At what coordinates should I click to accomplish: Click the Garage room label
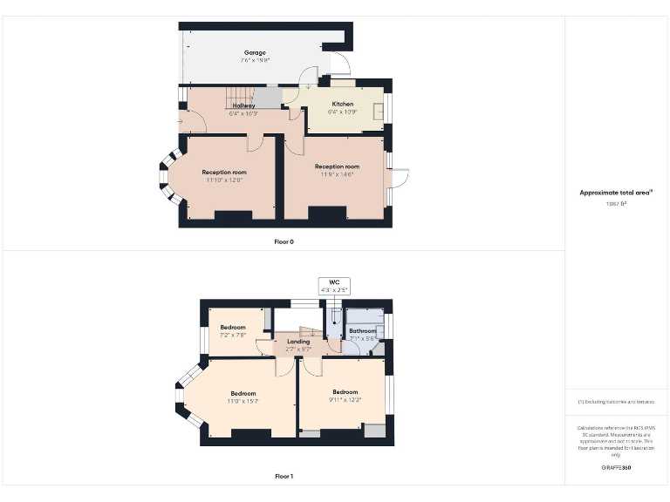point(254,53)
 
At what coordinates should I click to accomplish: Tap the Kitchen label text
point(342,104)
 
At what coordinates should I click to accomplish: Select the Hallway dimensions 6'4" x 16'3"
point(243,114)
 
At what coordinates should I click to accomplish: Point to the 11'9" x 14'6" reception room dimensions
point(337,174)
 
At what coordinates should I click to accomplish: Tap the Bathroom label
point(363,331)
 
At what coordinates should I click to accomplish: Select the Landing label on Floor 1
point(299,341)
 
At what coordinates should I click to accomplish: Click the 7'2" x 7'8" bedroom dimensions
point(233,335)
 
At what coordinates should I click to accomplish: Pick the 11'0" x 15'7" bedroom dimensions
point(243,400)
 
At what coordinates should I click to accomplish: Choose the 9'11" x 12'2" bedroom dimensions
point(345,399)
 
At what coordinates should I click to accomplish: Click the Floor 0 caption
point(284,241)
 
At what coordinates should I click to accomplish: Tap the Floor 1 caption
point(284,477)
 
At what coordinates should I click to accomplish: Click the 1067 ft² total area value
point(616,203)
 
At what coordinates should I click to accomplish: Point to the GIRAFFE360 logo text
point(616,468)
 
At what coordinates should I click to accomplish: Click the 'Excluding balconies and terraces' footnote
point(616,402)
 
